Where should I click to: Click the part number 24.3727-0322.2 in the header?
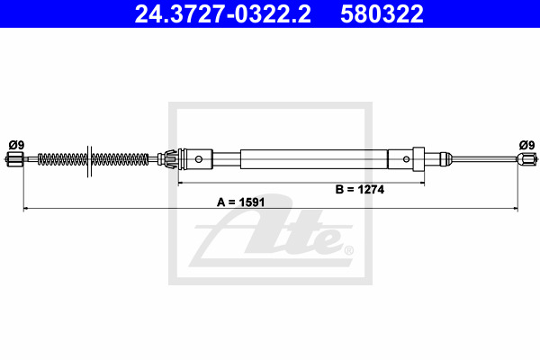pos(223,13)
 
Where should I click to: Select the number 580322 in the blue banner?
pos(382,13)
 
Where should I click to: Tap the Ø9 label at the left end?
pos(16,145)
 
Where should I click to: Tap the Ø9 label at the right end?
pos(526,145)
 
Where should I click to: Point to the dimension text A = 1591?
pos(240,202)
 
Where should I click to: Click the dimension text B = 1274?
pos(360,189)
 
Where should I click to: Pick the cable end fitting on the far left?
pos(14,159)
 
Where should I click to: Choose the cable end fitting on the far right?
pos(526,158)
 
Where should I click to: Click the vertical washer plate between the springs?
pos(89,161)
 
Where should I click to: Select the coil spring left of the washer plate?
pos(62,159)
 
